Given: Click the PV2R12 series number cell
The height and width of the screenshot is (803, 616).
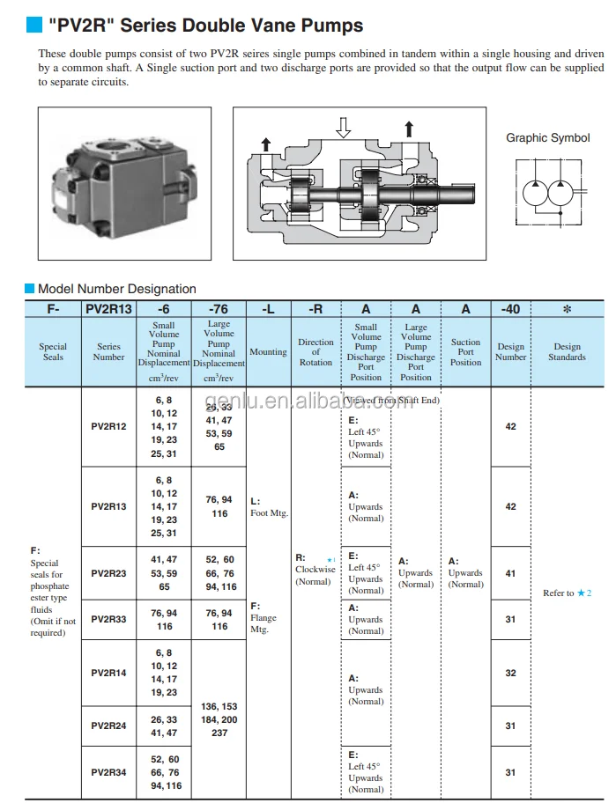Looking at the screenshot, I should (x=108, y=426).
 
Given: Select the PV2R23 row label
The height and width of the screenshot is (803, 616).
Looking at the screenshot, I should (x=108, y=573).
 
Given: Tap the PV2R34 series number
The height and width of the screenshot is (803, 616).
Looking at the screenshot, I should (x=108, y=772).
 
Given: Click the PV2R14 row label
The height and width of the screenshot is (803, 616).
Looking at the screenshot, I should (x=108, y=673).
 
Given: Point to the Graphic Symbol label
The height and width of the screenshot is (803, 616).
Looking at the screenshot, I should (x=547, y=137).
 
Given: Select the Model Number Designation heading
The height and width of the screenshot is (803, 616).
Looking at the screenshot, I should (x=116, y=289).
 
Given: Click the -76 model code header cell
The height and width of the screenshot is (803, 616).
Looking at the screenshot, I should (x=219, y=309).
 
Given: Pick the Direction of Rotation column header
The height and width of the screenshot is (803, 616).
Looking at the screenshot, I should (x=315, y=352).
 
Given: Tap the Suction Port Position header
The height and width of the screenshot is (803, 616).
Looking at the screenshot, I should (x=465, y=352).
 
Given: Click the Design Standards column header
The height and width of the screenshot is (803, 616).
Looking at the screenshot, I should (x=567, y=352).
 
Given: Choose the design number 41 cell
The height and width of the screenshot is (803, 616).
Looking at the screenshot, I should (x=510, y=573).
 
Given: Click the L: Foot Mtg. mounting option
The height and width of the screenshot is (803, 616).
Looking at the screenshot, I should (x=269, y=507).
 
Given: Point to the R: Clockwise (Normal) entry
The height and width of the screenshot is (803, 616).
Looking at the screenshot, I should (x=315, y=569).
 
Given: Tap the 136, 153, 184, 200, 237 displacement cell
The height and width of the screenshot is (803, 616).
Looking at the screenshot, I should (x=219, y=719).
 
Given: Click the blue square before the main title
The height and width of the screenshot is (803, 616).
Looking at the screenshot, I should (x=31, y=26).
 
